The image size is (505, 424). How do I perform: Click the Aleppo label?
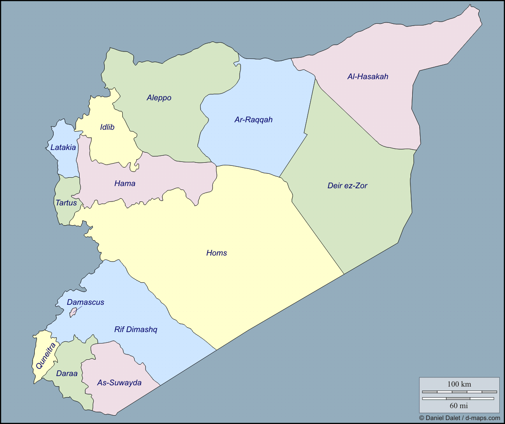159,98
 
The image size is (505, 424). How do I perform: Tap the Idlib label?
107,127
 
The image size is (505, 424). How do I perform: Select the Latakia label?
63,147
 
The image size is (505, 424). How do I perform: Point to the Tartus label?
66,203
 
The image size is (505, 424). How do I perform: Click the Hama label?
124,183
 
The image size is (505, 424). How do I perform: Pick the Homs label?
216,253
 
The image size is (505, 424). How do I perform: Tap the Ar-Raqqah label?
253,119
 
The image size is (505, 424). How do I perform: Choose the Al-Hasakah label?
368,77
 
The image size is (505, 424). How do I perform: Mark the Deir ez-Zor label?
347,186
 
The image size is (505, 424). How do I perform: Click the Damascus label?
85,302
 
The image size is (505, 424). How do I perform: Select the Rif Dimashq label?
135,329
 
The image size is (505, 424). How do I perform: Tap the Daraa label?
66,373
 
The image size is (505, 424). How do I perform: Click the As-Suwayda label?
119,383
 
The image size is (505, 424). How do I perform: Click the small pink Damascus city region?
73,312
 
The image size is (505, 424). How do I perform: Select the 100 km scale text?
459,384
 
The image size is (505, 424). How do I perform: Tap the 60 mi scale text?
458,405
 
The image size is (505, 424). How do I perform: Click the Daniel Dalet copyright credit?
459,418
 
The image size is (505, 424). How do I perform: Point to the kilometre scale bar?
459,391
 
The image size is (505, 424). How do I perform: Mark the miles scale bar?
458,398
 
